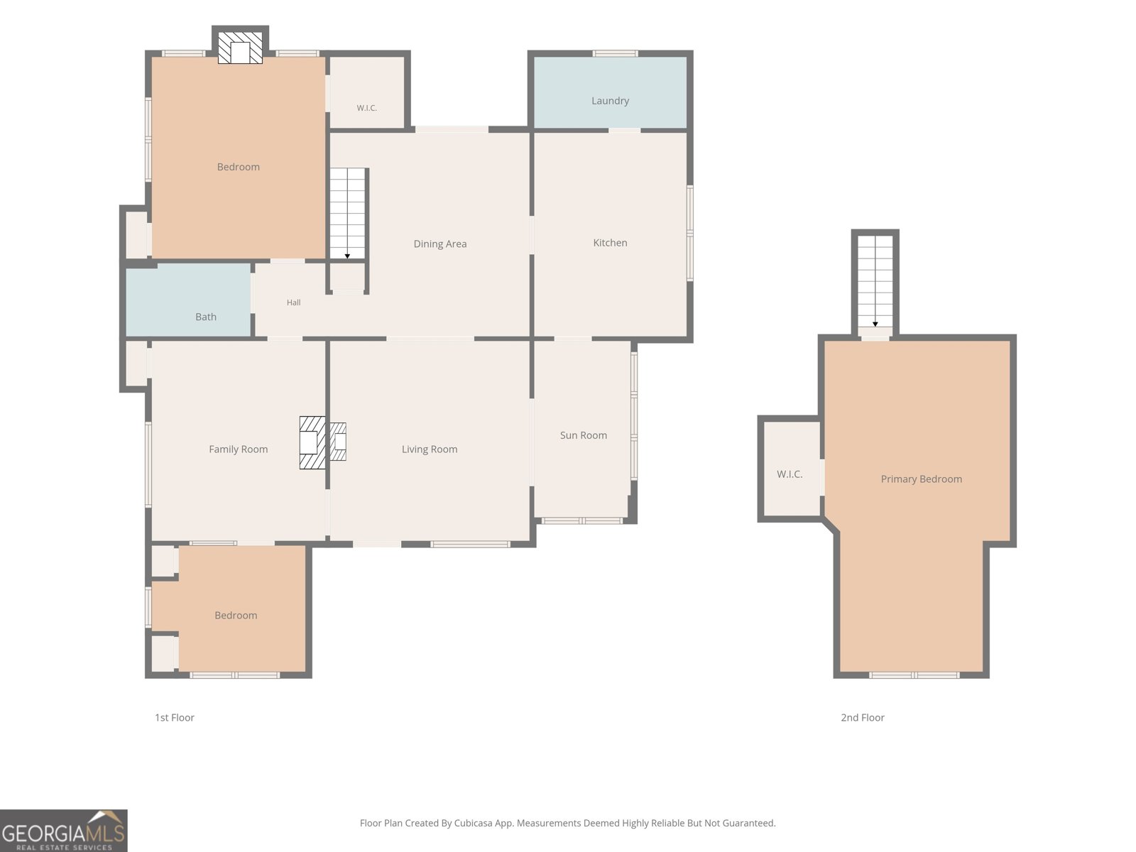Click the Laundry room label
(610, 101)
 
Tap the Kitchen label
(610, 243)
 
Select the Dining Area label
(440, 244)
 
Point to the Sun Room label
(584, 435)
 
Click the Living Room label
(430, 449)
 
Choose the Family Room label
(238, 449)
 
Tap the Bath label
(205, 317)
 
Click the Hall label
(293, 302)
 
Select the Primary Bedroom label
(921, 479)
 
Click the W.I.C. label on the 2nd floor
(790, 474)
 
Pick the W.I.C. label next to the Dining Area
(366, 108)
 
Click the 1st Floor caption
(175, 718)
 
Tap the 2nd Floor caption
(862, 718)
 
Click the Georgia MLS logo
(64, 830)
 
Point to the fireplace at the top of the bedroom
(240, 48)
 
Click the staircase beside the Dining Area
(347, 214)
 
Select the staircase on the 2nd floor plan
(875, 281)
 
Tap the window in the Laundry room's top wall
(615, 53)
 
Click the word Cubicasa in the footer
(473, 823)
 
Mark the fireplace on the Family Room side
(312, 443)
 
